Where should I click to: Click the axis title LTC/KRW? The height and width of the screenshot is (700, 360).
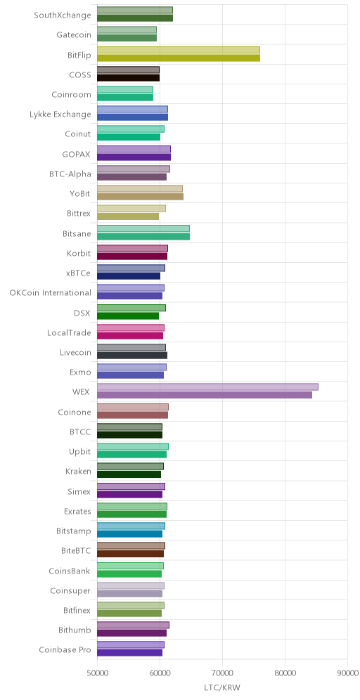[x=222, y=687]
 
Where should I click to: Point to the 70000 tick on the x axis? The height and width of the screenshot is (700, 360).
[x=222, y=673]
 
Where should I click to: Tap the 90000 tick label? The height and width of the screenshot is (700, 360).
[x=347, y=673]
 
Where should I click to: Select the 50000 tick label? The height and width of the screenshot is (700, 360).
[x=97, y=673]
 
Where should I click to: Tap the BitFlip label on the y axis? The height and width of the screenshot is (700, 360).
[x=79, y=56]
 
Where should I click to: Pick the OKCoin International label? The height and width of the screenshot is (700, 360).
[x=51, y=293]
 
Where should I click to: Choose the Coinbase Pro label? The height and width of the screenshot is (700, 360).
[x=65, y=649]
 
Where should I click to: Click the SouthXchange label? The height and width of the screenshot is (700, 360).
[x=63, y=15]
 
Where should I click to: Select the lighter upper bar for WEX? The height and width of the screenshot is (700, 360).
[x=207, y=387]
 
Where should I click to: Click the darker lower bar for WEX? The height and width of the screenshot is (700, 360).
[x=205, y=395]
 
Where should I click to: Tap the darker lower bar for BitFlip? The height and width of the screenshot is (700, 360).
[x=179, y=58]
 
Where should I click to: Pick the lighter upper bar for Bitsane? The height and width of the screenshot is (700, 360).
[x=143, y=228]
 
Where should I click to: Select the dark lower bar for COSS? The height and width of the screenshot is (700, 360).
[x=128, y=78]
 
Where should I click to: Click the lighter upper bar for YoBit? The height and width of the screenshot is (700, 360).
[x=140, y=189]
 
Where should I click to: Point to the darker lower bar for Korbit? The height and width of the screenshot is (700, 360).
[x=132, y=257]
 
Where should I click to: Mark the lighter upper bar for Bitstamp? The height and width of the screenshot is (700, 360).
[x=131, y=526]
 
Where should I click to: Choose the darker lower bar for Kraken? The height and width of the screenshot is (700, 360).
[x=129, y=474]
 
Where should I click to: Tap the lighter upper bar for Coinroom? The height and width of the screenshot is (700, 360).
[x=125, y=90]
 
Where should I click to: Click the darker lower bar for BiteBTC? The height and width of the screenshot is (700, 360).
[x=130, y=554]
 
